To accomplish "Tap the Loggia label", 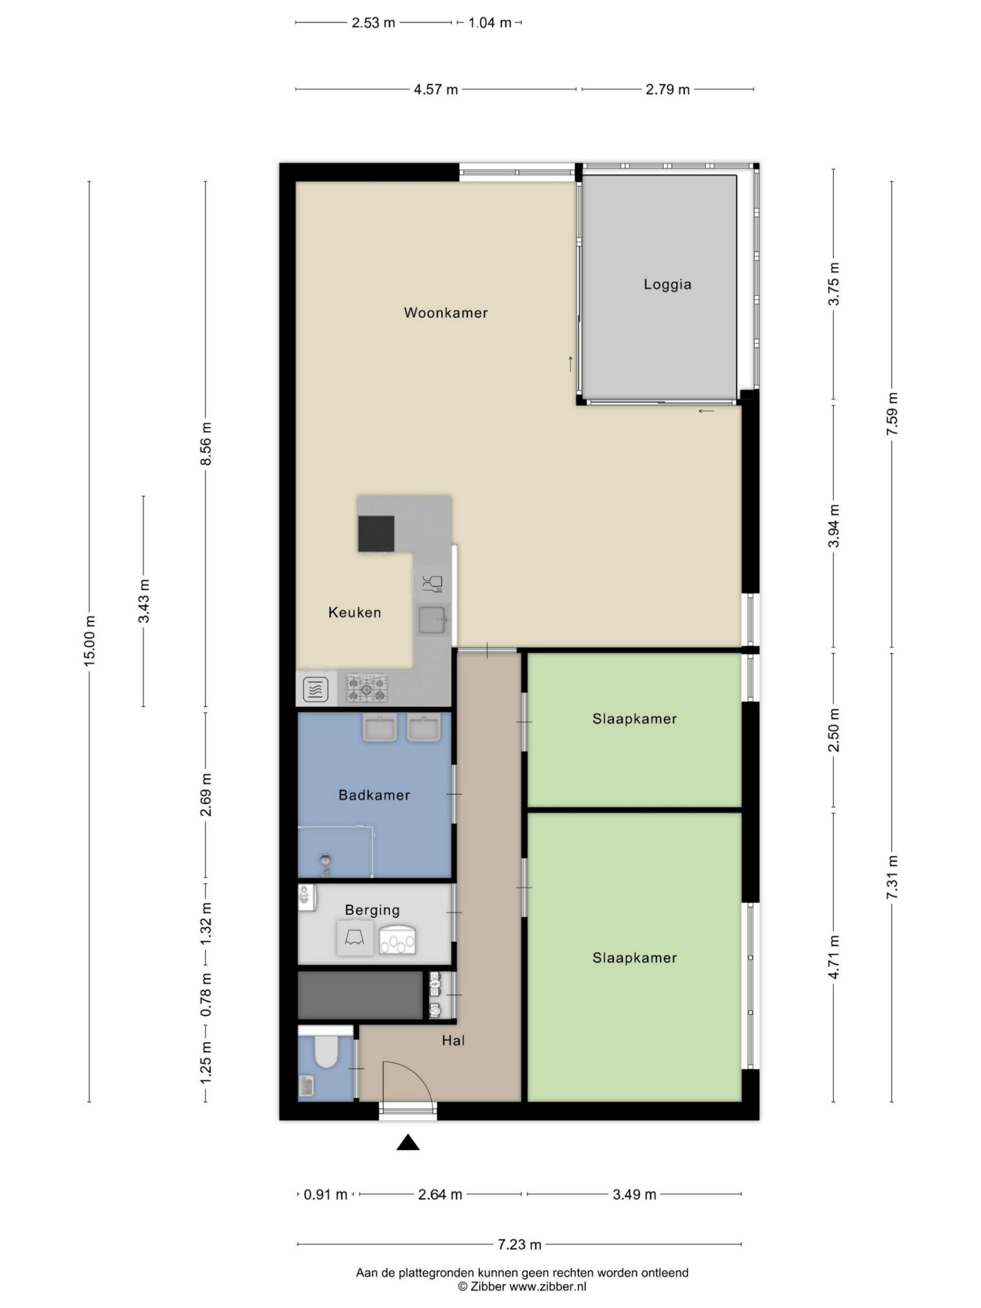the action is point(667,285).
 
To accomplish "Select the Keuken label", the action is point(355,613).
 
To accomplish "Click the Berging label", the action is point(372,910).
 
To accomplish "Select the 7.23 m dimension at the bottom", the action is point(519,1244).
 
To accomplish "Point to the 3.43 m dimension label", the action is point(144,601).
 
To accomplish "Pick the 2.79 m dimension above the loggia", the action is point(667,89).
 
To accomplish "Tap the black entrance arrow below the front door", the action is point(407,1142).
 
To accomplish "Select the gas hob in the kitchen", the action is point(367,688).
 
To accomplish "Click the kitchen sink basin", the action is point(432,620).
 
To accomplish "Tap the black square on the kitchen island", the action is point(376,533).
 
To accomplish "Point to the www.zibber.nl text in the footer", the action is point(548,1286).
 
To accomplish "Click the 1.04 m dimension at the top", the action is point(489,23).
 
